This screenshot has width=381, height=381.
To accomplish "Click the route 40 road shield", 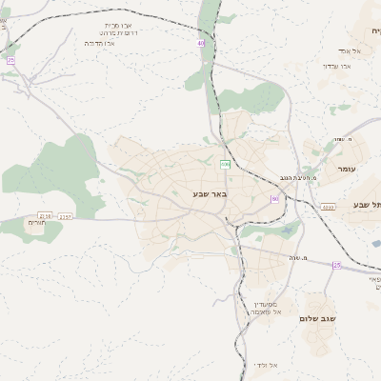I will (201, 43).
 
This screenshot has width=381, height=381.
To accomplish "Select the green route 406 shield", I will (225, 165).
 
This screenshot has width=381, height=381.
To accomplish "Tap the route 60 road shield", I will (274, 199).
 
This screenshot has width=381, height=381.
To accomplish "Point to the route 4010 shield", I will (328, 207).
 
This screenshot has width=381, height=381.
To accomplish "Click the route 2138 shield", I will (44, 216).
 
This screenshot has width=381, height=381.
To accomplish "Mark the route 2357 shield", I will (65, 216).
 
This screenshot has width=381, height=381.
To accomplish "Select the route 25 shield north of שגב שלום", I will (336, 265).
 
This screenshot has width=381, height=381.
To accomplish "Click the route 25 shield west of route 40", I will (11, 60).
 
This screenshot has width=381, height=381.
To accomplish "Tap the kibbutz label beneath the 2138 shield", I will (36, 222).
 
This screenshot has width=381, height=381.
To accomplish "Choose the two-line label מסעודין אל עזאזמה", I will (266, 308).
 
